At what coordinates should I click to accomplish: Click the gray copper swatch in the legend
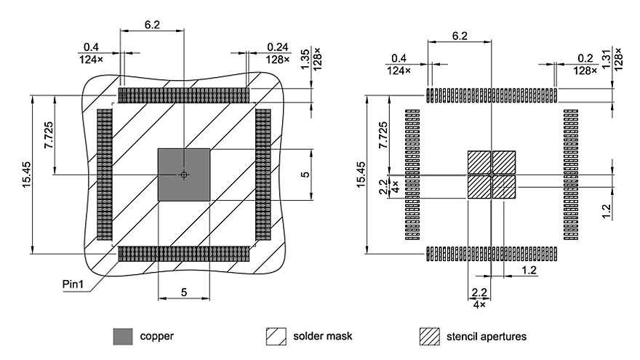coord(123,336)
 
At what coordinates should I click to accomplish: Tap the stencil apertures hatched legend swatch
coord(431,336)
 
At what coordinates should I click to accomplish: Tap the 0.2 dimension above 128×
coord(585,58)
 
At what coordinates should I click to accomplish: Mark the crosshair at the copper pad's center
coord(184,175)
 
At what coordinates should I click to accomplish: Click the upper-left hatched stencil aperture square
coord(479,162)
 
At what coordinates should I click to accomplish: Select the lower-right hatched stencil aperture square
coord(504,187)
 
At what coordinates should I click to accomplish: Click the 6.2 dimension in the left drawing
coord(152,24)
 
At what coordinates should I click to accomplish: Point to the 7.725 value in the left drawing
coord(49,135)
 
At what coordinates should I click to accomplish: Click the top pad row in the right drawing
coord(492,95)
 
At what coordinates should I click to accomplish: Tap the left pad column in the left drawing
coord(104,175)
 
